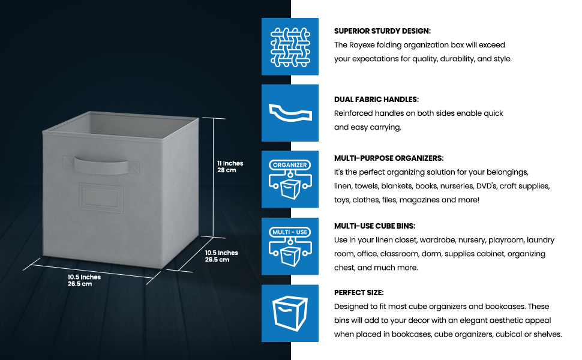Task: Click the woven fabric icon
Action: tap(290, 46)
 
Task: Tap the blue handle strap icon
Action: tap(290, 113)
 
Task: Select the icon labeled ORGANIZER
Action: tap(290, 179)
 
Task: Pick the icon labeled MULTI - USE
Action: tap(290, 246)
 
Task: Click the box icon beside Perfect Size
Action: tap(290, 313)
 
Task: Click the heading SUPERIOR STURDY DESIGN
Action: tap(382, 31)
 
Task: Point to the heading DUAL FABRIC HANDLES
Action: tap(376, 99)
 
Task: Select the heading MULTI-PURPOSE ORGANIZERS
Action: tap(389, 158)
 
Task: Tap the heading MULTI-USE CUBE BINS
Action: tap(374, 226)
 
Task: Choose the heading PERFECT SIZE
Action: tap(359, 292)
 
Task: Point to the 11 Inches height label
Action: tap(230, 163)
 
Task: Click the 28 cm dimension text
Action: tap(226, 170)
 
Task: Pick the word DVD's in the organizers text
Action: tap(490, 186)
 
